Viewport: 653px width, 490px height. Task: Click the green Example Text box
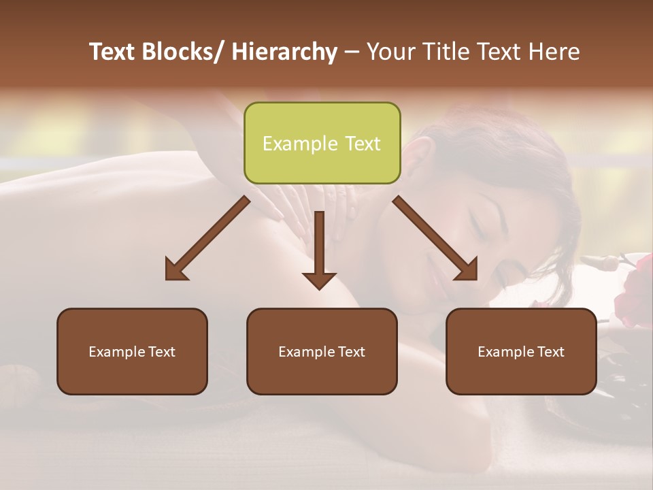pyautogui.click(x=322, y=144)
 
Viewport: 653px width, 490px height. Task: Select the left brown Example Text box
pyautogui.click(x=132, y=352)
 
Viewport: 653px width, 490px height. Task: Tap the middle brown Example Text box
pyautogui.click(x=322, y=352)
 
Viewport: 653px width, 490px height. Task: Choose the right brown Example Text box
pyautogui.click(x=521, y=352)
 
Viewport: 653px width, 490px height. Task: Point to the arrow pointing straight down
pyautogui.click(x=319, y=248)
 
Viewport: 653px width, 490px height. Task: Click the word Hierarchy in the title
pyautogui.click(x=284, y=52)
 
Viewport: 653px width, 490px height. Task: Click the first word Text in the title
pyautogui.click(x=112, y=52)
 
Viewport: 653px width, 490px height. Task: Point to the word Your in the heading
pyautogui.click(x=390, y=52)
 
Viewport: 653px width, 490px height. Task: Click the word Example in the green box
pyautogui.click(x=300, y=144)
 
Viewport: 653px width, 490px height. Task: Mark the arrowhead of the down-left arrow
pyautogui.click(x=175, y=269)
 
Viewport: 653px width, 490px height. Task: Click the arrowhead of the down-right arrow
pyautogui.click(x=467, y=269)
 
